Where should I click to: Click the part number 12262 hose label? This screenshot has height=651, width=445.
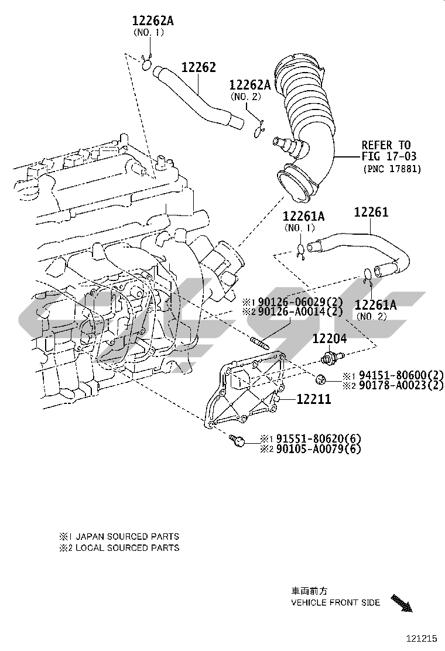198,68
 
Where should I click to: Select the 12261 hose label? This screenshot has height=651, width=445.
371,213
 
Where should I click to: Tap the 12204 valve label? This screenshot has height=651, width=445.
329,338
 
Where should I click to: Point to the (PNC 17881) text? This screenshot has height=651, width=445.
391,169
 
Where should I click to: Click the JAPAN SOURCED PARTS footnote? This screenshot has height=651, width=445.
124,536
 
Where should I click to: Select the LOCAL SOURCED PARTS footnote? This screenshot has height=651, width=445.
124,548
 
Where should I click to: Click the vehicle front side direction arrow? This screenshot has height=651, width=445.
401,604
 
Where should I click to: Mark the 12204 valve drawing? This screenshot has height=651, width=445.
331,355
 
